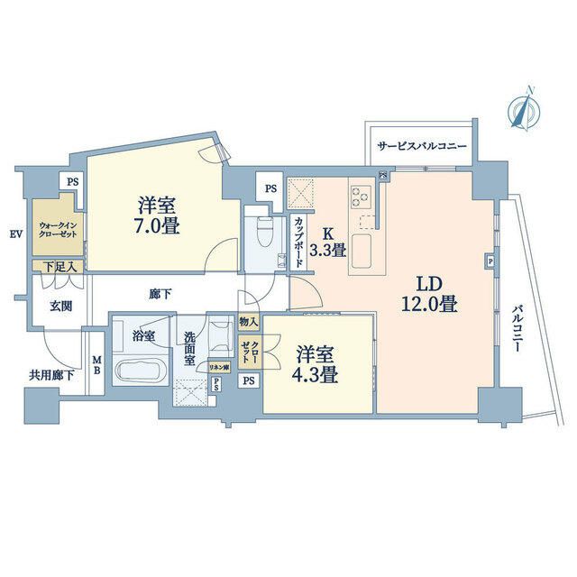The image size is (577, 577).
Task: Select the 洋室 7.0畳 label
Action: point(158,215)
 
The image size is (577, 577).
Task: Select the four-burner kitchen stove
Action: point(362,196)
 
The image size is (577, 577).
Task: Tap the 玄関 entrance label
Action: point(60,307)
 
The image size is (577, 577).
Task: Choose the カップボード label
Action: point(298,241)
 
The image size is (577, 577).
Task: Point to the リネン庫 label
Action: point(219,367)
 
